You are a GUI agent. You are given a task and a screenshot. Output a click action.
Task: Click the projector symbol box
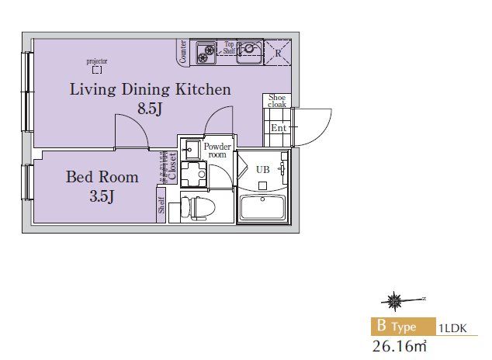pos(97,70)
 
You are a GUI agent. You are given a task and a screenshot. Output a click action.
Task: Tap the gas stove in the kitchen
pos(206,53)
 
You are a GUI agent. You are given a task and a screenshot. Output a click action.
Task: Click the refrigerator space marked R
pos(278,53)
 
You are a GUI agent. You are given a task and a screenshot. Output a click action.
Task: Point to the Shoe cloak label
pos(277,101)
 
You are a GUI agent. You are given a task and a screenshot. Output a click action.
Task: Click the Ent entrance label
pos(279,128)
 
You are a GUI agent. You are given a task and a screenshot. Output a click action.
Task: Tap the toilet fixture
pos(198,208)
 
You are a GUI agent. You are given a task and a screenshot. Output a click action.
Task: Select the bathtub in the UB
pos(262,208)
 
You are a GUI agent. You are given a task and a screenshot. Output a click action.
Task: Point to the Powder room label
pos(217,151)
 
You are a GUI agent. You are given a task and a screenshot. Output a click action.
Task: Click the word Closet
pos(172,166)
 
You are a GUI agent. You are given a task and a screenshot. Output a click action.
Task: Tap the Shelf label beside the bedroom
pos(161,205)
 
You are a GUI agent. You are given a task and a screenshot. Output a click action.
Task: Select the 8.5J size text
pos(150,109)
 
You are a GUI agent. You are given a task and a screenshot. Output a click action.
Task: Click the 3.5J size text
pos(102,196)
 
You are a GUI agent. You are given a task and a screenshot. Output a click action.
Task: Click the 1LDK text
pos(452,328)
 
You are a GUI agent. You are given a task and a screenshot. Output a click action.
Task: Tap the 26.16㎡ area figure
pos(400,346)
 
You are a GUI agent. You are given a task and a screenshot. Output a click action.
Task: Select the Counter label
pos(183,51)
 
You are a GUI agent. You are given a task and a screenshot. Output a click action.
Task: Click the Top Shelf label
pos(229,47)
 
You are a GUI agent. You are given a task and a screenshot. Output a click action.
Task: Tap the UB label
pos(262,170)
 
